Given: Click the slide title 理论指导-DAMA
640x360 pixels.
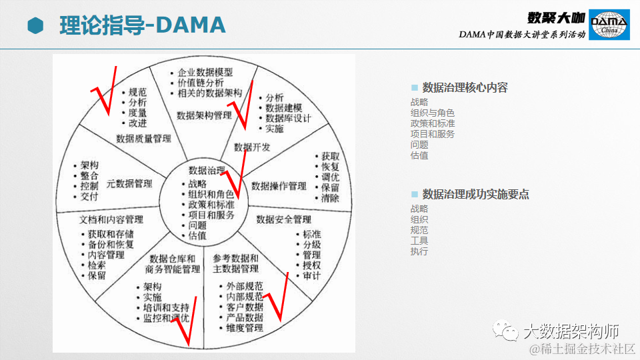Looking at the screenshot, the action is (x=142, y=25).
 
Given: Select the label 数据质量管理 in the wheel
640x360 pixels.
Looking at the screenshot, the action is (x=143, y=139).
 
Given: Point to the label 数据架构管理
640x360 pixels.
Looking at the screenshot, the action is (x=204, y=115).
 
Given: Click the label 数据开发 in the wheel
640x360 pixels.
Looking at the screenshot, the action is (x=252, y=147).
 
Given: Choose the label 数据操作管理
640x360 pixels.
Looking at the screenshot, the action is (x=279, y=185).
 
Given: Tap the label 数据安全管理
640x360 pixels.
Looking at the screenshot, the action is (x=283, y=219).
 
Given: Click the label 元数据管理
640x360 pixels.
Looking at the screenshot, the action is (x=129, y=183).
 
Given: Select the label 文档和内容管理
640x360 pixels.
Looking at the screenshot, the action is (x=111, y=219).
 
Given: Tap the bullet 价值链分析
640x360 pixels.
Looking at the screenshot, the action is (x=201, y=83).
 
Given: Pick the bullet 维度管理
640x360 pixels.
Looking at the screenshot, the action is (x=245, y=328).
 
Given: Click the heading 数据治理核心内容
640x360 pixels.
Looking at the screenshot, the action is (x=465, y=87).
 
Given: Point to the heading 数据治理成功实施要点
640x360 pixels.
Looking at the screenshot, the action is (x=475, y=194).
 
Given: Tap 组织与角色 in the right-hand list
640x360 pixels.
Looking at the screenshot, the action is (x=433, y=113).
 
